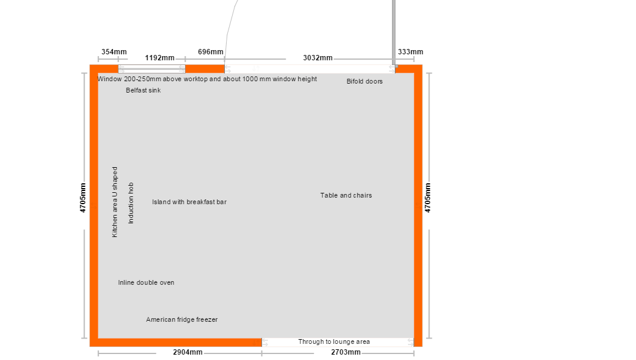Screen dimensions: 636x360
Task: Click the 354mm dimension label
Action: tap(114, 52)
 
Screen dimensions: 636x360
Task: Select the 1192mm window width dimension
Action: tap(160, 58)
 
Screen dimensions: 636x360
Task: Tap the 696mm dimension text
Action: tap(211, 52)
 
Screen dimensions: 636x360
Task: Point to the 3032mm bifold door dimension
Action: tap(317, 58)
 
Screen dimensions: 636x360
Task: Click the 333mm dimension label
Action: tap(410, 52)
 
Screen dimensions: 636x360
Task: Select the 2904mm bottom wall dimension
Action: tap(188, 352)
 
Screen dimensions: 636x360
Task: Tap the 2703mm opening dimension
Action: tap(345, 352)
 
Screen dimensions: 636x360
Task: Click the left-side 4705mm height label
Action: tap(83, 198)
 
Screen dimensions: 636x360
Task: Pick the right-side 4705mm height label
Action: tap(428, 198)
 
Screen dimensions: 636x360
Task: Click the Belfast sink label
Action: tap(143, 90)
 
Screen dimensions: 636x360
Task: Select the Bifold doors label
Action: tap(365, 81)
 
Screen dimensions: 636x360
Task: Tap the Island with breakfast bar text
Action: tap(189, 202)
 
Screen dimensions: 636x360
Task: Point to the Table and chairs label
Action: tap(346, 195)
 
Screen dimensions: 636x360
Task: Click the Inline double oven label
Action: tap(146, 282)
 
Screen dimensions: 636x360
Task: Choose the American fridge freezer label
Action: tap(182, 319)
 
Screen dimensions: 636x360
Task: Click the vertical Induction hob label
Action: tap(131, 203)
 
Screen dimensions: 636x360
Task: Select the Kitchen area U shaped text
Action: tap(115, 202)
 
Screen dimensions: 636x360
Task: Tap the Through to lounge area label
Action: tap(334, 341)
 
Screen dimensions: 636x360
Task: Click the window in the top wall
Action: tap(152, 69)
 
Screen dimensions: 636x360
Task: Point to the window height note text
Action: tap(207, 79)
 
